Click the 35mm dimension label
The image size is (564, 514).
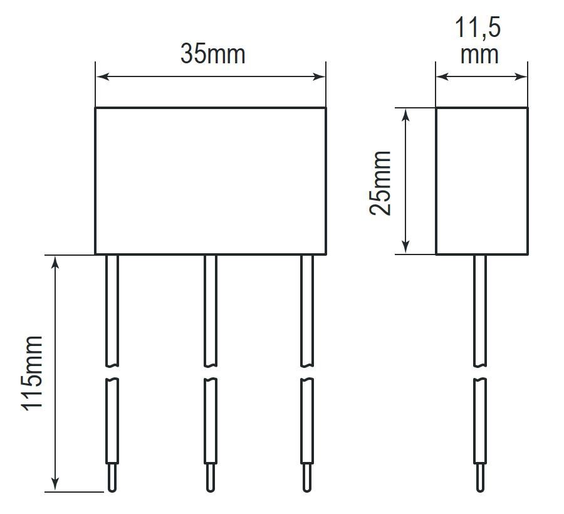[x=212, y=55]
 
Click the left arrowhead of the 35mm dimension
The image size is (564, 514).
[x=102, y=77]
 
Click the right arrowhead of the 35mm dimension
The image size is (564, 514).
[x=320, y=77]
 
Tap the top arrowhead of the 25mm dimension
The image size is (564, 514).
[x=406, y=113]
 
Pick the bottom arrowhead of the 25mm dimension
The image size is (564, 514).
[x=406, y=248]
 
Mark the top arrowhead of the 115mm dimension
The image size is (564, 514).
[x=56, y=261]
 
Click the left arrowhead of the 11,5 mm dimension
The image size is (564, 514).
[x=442, y=77]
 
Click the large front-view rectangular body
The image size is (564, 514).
[x=211, y=181]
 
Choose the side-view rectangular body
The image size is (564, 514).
[x=481, y=181]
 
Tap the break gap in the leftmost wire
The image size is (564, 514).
[x=112, y=373]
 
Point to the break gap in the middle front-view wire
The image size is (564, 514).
[x=210, y=373]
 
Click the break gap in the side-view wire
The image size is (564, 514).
[x=479, y=373]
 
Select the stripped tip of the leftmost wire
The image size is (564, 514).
[x=112, y=478]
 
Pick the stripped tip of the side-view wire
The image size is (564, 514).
[x=479, y=478]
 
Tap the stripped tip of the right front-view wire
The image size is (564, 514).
[x=306, y=478]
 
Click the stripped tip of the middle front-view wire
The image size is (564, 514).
[x=210, y=478]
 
